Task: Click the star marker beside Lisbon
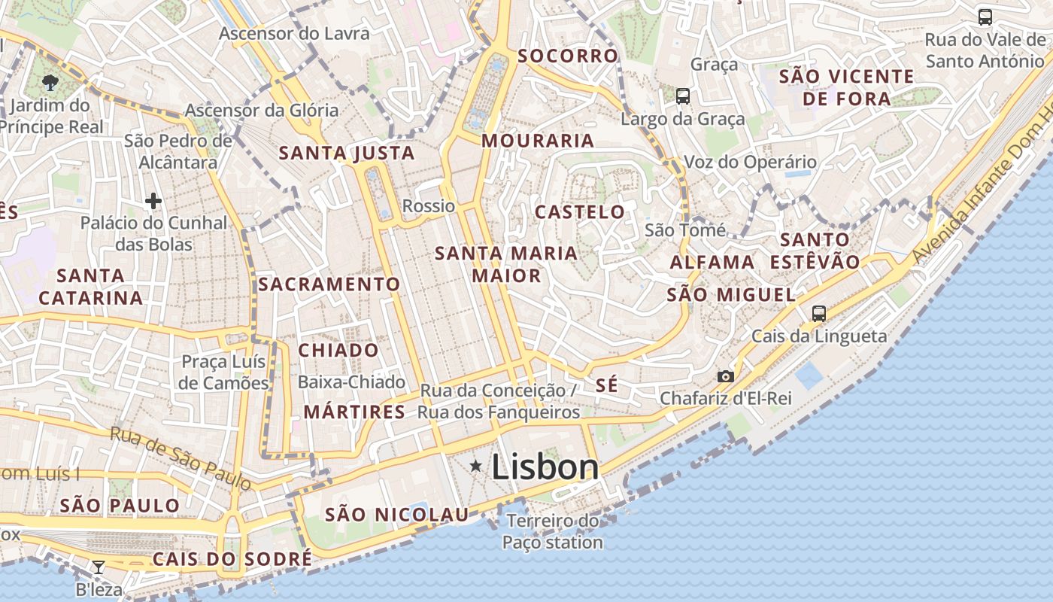475,467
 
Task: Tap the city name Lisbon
545,467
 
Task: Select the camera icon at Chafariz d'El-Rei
725,376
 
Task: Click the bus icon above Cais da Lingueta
818,314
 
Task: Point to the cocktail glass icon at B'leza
98,567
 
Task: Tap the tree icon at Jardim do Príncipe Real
50,82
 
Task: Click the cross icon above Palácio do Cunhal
153,201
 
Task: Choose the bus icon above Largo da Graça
682,96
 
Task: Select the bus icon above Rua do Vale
985,17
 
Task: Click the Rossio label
429,206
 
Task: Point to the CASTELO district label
579,212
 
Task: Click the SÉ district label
606,386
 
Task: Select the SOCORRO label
567,56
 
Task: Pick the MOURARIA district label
538,141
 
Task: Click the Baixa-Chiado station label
351,382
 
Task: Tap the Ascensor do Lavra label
294,34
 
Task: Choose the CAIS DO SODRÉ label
232,559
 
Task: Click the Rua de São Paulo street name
180,458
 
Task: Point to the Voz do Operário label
749,162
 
